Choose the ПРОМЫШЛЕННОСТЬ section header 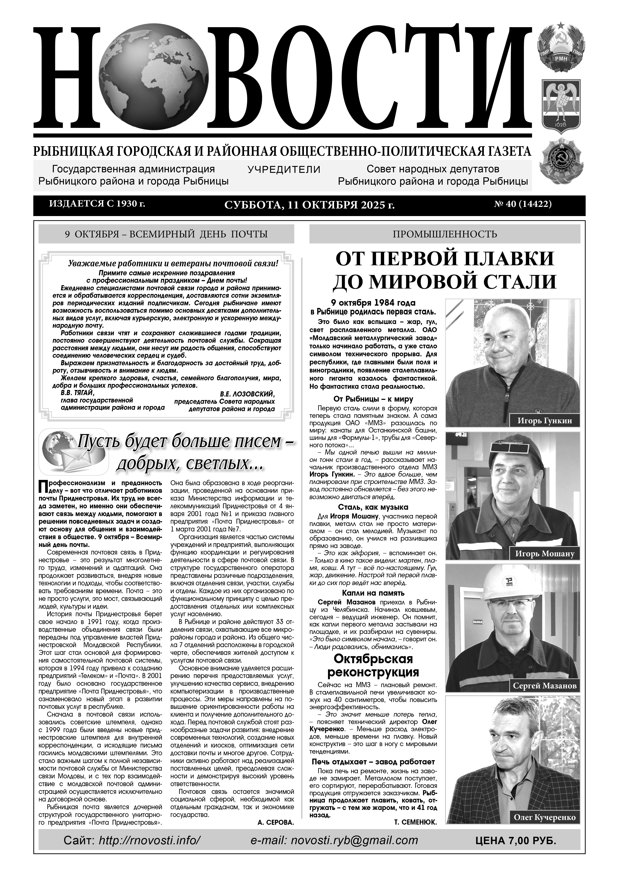(x=444, y=234)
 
